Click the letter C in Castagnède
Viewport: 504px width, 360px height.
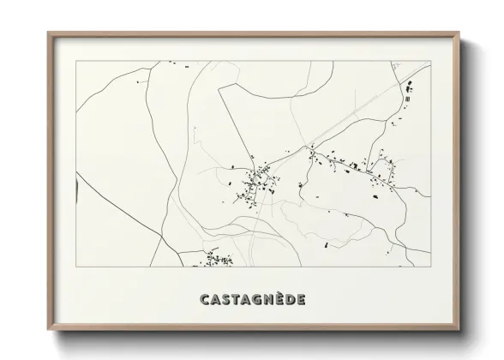coord(204,300)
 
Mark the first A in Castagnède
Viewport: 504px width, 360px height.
coord(215,300)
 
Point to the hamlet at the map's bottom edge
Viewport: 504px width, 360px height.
coord(217,257)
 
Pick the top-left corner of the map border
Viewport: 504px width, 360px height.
coord(75,61)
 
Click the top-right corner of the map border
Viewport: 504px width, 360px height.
coord(430,61)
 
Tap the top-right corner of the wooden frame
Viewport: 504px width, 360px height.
coord(459,33)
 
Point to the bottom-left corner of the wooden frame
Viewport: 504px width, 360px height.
coord(48,329)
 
